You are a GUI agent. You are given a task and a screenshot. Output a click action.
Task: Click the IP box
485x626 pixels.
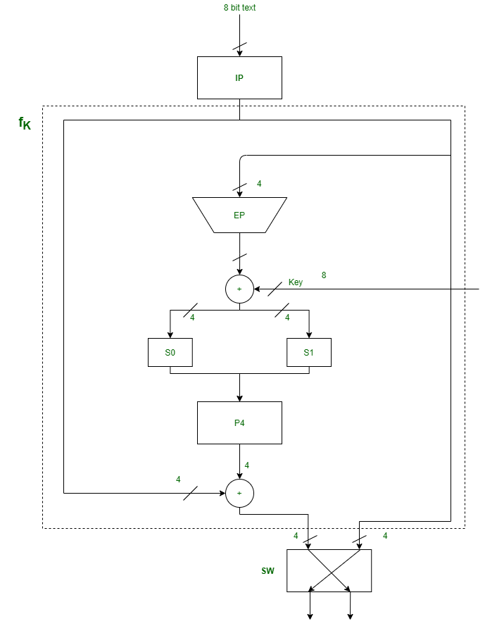[x=239, y=77]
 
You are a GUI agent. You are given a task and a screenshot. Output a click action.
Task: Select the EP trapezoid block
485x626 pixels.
[x=239, y=215]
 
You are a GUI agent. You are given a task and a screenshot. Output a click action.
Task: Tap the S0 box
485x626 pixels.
[x=170, y=352]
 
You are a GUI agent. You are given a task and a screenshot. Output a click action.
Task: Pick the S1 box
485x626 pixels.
[x=308, y=352]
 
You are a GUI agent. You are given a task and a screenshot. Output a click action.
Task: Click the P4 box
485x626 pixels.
[x=239, y=422]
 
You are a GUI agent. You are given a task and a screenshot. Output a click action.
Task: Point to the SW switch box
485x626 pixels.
[x=329, y=570]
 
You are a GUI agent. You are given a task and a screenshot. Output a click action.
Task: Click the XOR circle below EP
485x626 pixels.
[x=239, y=289]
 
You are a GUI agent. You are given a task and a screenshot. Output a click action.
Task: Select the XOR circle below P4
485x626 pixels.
[x=239, y=493]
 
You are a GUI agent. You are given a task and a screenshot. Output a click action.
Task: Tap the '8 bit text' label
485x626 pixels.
[x=239, y=8]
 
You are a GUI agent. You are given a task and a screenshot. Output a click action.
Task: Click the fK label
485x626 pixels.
[x=25, y=124]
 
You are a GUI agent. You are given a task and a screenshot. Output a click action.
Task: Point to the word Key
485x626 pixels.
[x=296, y=282]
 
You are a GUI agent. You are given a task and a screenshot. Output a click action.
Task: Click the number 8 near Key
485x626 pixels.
[x=324, y=275]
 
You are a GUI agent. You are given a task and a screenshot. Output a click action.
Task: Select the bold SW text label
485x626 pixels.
[x=267, y=570]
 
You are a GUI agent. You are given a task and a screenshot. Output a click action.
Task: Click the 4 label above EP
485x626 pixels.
[x=259, y=184]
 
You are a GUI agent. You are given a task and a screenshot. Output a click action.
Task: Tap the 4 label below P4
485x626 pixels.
[x=247, y=465]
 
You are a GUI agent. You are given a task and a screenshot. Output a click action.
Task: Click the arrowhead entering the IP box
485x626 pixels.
[x=239, y=53]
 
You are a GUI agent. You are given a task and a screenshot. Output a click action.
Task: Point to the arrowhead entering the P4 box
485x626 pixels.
[x=239, y=398]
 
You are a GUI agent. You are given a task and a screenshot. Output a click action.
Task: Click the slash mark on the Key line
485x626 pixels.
[x=275, y=289]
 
